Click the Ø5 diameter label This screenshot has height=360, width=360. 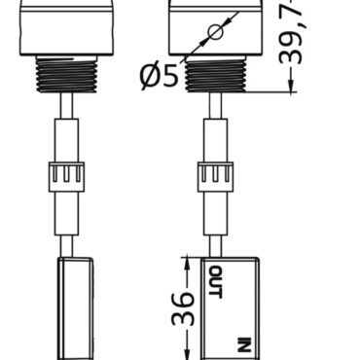160,74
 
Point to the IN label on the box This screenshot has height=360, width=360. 243,342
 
